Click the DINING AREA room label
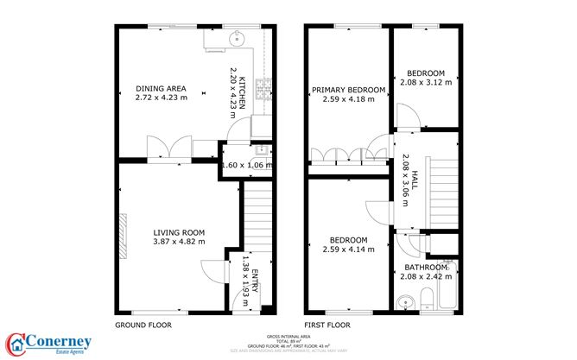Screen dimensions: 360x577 tap(162, 88)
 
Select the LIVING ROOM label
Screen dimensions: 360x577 tap(179, 232)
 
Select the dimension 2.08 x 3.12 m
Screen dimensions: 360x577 tap(426, 83)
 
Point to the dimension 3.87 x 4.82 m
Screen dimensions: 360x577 tap(179, 242)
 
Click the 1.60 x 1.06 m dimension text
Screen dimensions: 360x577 tap(246, 166)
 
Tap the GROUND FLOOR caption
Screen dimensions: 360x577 tap(143, 325)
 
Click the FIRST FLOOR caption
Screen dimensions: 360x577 tap(327, 325)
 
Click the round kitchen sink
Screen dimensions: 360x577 tap(235, 37)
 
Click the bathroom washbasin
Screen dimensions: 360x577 tap(405, 302)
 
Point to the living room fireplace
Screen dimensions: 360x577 tap(124, 232)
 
